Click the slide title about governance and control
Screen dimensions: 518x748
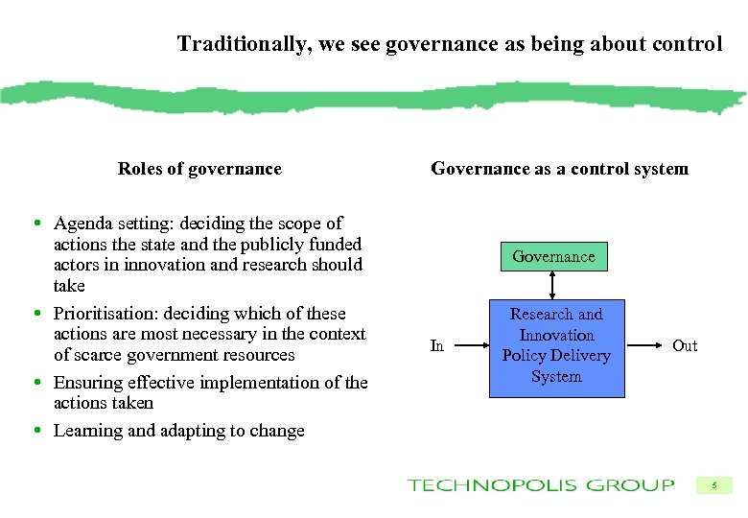[449, 44]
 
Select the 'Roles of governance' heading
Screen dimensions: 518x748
[199, 170]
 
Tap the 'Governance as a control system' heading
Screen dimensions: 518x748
[559, 170]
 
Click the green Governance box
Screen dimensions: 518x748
[553, 257]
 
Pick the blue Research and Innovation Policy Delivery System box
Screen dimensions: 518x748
[556, 345]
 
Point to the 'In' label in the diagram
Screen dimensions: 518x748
[437, 346]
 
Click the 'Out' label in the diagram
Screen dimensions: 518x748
[685, 345]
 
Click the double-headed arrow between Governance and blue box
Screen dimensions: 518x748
[553, 286]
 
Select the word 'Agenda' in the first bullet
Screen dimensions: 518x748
[82, 224]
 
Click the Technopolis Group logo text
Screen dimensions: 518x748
[541, 485]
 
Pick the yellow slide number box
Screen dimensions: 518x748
[713, 486]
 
